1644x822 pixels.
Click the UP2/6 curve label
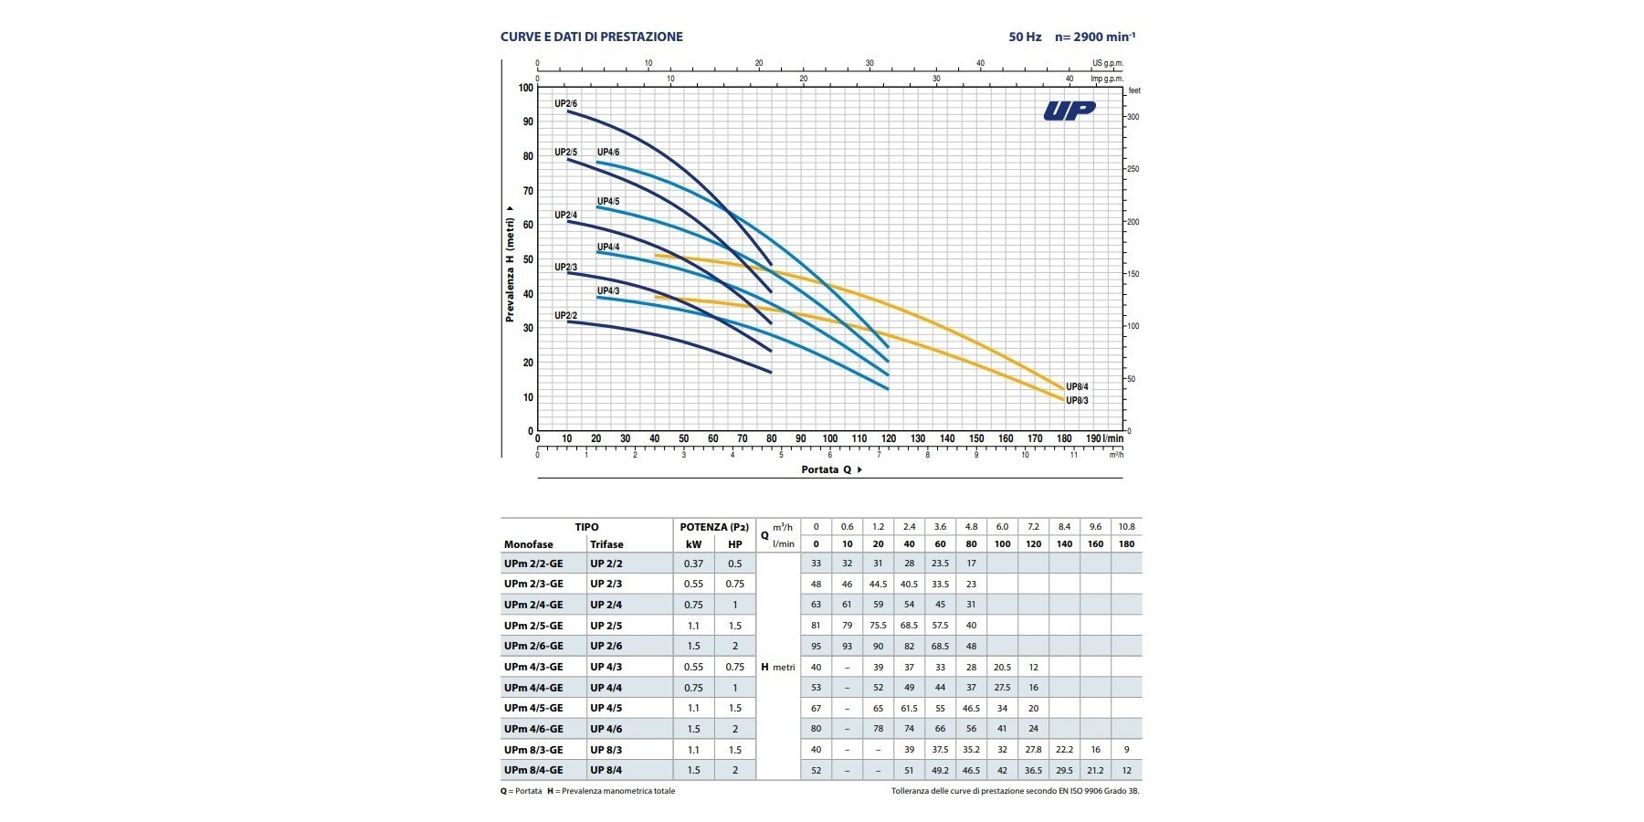pyautogui.click(x=565, y=103)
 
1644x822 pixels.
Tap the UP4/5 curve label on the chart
pyautogui.click(x=608, y=201)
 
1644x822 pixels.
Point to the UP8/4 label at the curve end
pyautogui.click(x=1077, y=387)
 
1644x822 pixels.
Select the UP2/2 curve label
pyautogui.click(x=565, y=316)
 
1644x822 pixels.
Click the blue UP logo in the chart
pyautogui.click(x=1069, y=111)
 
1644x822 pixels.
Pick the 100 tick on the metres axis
pyautogui.click(x=525, y=88)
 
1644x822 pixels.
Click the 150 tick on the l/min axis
pyautogui.click(x=976, y=438)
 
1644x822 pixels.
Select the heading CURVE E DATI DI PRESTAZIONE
pyautogui.click(x=591, y=37)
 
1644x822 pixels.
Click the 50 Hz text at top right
pyautogui.click(x=1025, y=37)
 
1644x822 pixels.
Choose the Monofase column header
pyautogui.click(x=528, y=544)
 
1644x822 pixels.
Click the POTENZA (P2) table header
pyautogui.click(x=714, y=527)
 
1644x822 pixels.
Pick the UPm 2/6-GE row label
pyautogui.click(x=533, y=646)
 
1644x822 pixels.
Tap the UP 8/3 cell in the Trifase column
pyautogui.click(x=606, y=750)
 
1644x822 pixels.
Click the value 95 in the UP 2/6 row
pyautogui.click(x=816, y=646)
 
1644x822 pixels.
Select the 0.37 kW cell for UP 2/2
pyautogui.click(x=693, y=564)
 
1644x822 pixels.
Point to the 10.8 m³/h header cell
pyautogui.click(x=1126, y=527)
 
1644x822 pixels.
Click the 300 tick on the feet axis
pyautogui.click(x=1133, y=117)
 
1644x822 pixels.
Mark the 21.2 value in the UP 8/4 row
pyautogui.click(x=1095, y=770)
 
